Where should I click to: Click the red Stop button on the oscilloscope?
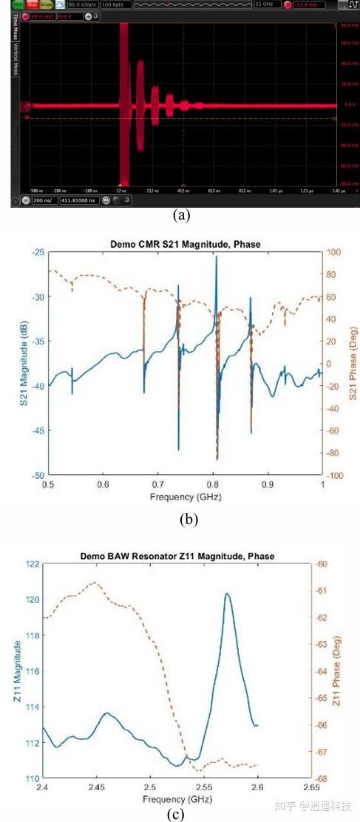(x=33, y=4)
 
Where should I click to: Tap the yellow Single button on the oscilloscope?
(x=45, y=4)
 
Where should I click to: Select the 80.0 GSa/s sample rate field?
(x=82, y=4)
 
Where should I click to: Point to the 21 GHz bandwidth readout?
(x=264, y=4)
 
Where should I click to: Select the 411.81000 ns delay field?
(x=80, y=200)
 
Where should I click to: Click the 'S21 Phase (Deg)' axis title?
(x=353, y=364)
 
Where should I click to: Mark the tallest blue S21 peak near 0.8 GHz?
(x=217, y=257)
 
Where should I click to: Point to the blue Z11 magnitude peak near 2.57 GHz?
(x=226, y=594)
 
